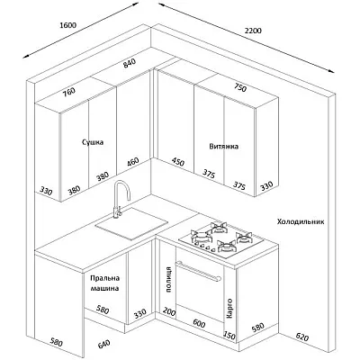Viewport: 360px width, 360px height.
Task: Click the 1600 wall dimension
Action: click(68, 25)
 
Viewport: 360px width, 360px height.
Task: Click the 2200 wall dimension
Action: click(253, 31)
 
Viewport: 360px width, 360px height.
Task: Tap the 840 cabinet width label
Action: click(130, 63)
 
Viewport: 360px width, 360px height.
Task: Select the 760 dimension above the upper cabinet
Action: click(69, 92)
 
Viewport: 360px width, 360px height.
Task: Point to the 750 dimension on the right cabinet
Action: click(239, 87)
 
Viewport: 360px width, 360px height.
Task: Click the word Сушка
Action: click(93, 142)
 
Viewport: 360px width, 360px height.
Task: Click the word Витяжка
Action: click(224, 147)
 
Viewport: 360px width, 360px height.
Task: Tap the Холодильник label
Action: click(301, 222)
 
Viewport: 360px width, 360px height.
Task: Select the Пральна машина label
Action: click(104, 283)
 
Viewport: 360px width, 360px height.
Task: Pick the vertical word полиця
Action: click(168, 279)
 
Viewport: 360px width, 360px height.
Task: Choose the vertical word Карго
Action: click(229, 308)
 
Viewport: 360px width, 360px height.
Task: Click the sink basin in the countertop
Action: click(131, 224)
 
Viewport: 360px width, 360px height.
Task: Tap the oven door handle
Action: click(199, 271)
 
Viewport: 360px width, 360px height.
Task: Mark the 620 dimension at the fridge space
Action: click(302, 337)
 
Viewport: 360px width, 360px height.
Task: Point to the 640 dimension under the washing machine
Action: click(103, 345)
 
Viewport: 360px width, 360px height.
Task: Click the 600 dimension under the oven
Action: click(199, 324)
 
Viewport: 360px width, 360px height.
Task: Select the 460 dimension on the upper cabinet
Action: click(132, 162)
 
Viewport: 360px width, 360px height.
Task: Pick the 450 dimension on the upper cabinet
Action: click(178, 162)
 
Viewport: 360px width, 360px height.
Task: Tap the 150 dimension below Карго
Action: click(229, 336)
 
